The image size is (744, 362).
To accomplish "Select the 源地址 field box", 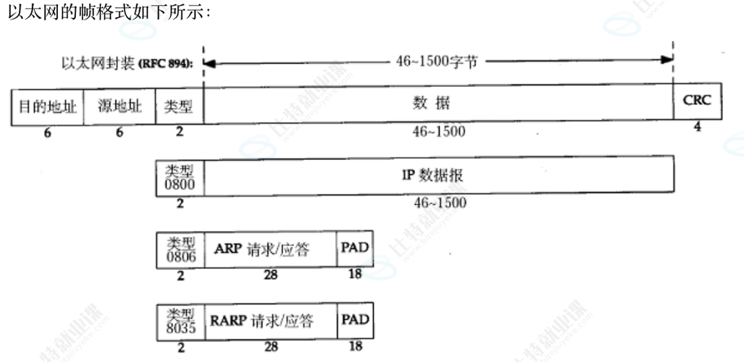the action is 120,107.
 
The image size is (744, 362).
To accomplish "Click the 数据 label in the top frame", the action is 437,104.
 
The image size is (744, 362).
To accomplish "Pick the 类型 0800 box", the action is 180,176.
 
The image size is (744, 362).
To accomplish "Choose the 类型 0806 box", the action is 180,250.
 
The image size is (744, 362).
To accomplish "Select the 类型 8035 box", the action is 180,321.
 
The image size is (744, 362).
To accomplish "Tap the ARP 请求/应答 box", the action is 271,250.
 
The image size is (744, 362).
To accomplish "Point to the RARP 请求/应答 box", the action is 271,321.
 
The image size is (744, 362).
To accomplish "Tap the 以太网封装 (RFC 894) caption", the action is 130,63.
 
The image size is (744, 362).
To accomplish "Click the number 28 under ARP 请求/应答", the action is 271,276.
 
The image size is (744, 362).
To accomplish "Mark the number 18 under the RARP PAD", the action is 355,347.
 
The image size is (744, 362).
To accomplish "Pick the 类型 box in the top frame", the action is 180,107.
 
